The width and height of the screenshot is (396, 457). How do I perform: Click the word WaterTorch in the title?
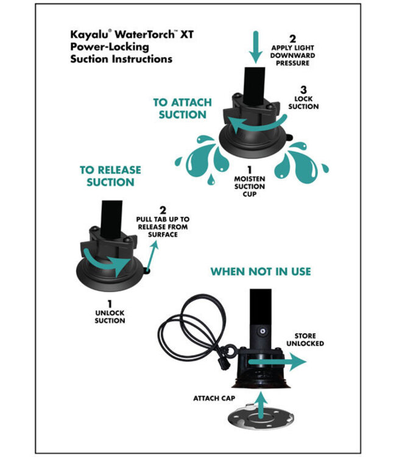point(143,34)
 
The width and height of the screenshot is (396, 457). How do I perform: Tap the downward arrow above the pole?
point(255,47)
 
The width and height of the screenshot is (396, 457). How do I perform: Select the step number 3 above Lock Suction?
point(303,90)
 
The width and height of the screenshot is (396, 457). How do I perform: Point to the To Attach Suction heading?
point(182,108)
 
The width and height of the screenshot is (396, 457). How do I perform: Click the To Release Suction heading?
point(110,176)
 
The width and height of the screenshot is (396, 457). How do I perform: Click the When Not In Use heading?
point(261,272)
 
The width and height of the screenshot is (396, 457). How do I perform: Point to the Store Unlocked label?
point(305,339)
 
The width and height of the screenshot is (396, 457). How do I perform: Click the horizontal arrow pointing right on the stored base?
point(277,362)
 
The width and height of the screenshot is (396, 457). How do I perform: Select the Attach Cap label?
point(214,398)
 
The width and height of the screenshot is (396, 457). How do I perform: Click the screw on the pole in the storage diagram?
point(263,331)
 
